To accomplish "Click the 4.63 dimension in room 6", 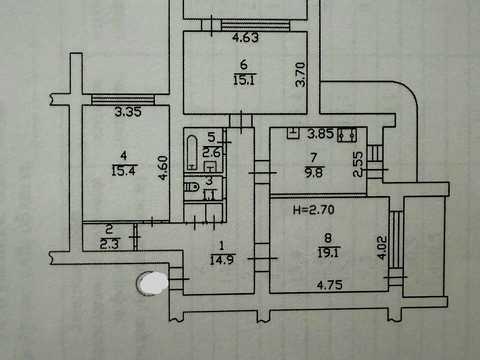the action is click(x=246, y=37).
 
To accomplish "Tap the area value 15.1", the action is click(x=244, y=80).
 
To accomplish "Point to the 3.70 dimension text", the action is click(x=301, y=75).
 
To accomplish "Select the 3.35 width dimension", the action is click(x=128, y=112).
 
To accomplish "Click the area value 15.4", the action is click(x=124, y=171).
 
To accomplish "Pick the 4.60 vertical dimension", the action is click(x=163, y=168).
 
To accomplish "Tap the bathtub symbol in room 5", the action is click(x=192, y=152).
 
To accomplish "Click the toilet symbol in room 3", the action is click(x=191, y=187).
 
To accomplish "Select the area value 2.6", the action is click(x=212, y=153).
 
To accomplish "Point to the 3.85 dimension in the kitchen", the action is click(x=320, y=134).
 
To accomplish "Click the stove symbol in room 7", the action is click(x=347, y=135).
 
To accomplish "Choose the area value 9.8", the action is click(x=314, y=173).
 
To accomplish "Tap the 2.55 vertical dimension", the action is click(x=358, y=164).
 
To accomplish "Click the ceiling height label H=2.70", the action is click(x=313, y=210).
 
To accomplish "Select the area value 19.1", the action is click(x=328, y=253).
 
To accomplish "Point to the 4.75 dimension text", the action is click(x=330, y=285).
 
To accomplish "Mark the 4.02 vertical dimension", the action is click(x=383, y=247).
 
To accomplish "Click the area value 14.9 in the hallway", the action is click(x=222, y=260).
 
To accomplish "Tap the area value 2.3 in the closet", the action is click(x=109, y=244).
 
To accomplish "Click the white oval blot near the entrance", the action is click(x=153, y=283).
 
